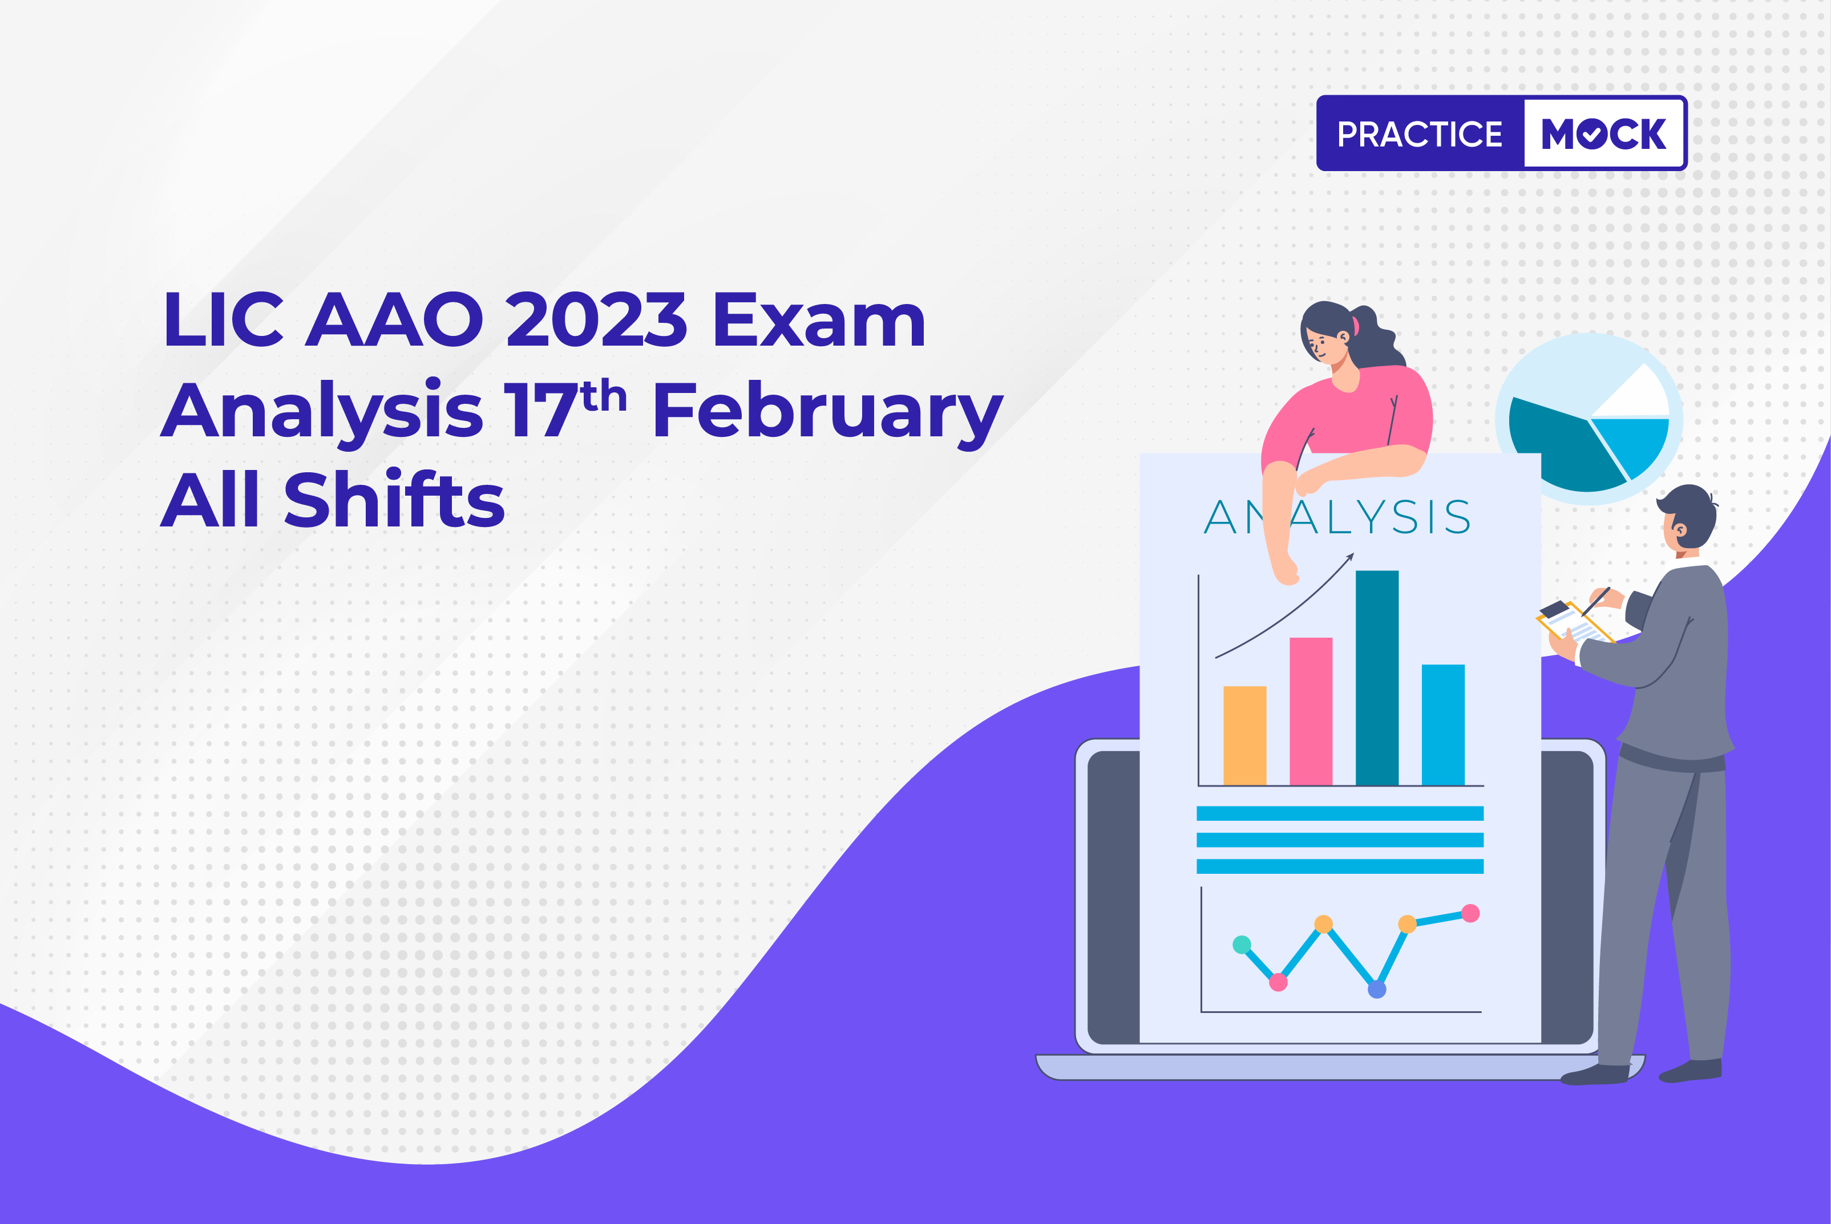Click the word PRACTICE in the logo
point(1420,134)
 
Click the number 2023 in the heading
point(596,320)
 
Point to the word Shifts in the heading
point(394,500)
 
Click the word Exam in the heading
point(819,320)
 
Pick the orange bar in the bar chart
point(1244,735)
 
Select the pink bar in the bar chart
point(1311,711)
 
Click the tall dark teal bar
point(1377,678)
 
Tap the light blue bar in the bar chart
point(1443,724)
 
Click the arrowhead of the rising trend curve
point(1350,557)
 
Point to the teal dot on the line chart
point(1242,945)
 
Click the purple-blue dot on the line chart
point(1377,990)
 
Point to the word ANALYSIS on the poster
point(1337,517)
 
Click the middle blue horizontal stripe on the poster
point(1340,840)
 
